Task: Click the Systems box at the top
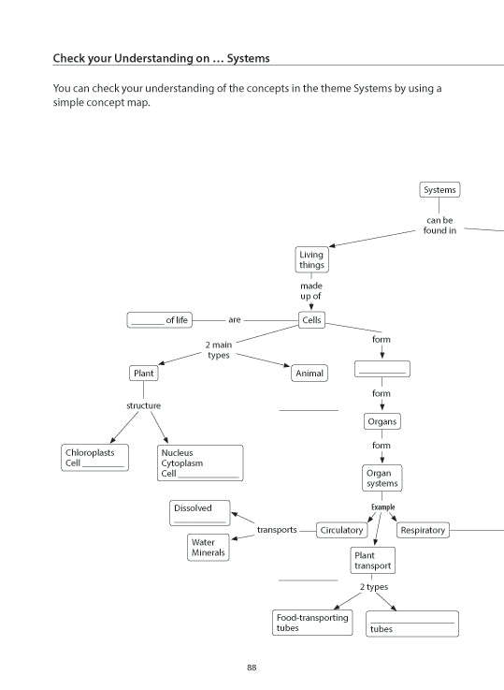point(439,190)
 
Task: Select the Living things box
point(311,259)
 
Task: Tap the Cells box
point(311,320)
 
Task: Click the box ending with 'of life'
point(159,320)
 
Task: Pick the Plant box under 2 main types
point(143,374)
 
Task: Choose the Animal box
point(310,374)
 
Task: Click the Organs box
point(382,421)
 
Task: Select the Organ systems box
point(382,477)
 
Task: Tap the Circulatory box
point(341,530)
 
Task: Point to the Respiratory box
point(423,530)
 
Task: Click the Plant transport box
point(372,560)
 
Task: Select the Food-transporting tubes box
point(312,623)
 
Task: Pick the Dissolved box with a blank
point(199,512)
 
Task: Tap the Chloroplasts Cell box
point(94,457)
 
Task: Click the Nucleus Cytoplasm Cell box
point(200,462)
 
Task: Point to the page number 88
point(252,668)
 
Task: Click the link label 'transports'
point(277,530)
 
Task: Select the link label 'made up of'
point(311,291)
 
